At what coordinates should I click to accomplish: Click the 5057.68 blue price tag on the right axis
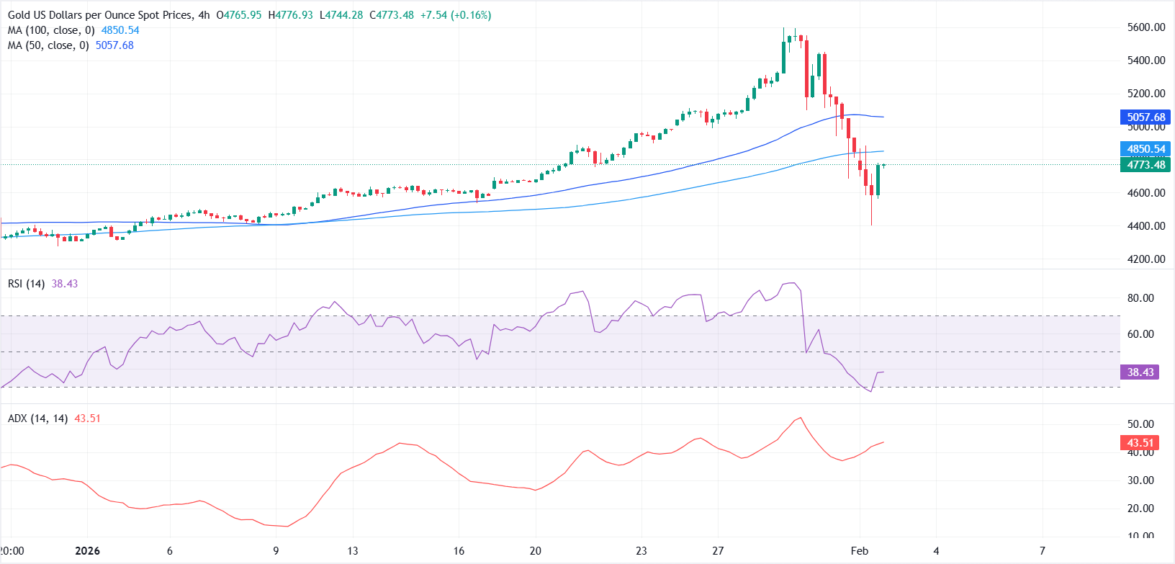[1145, 117]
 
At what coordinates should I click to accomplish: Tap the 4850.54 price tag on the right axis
[1145, 149]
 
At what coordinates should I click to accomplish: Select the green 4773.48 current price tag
[1145, 165]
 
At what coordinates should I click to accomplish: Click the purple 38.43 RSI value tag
[1140, 372]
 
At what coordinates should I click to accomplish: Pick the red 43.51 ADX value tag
[1140, 443]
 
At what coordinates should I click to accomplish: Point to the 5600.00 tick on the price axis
[1146, 27]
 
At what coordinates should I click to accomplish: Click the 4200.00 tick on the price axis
[1146, 259]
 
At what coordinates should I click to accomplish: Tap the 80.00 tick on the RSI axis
[1140, 298]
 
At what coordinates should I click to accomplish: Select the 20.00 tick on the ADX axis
[1140, 509]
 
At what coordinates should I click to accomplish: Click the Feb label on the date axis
[860, 551]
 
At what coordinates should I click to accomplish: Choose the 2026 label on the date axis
[88, 551]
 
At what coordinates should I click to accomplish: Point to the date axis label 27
[718, 551]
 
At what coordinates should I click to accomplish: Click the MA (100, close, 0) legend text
[51, 30]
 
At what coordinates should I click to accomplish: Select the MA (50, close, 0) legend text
[48, 45]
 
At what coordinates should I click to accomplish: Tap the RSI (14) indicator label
[26, 284]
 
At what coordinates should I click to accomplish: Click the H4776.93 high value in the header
[290, 15]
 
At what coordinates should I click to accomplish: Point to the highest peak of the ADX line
[799, 418]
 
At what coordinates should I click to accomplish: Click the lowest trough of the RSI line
[870, 392]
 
